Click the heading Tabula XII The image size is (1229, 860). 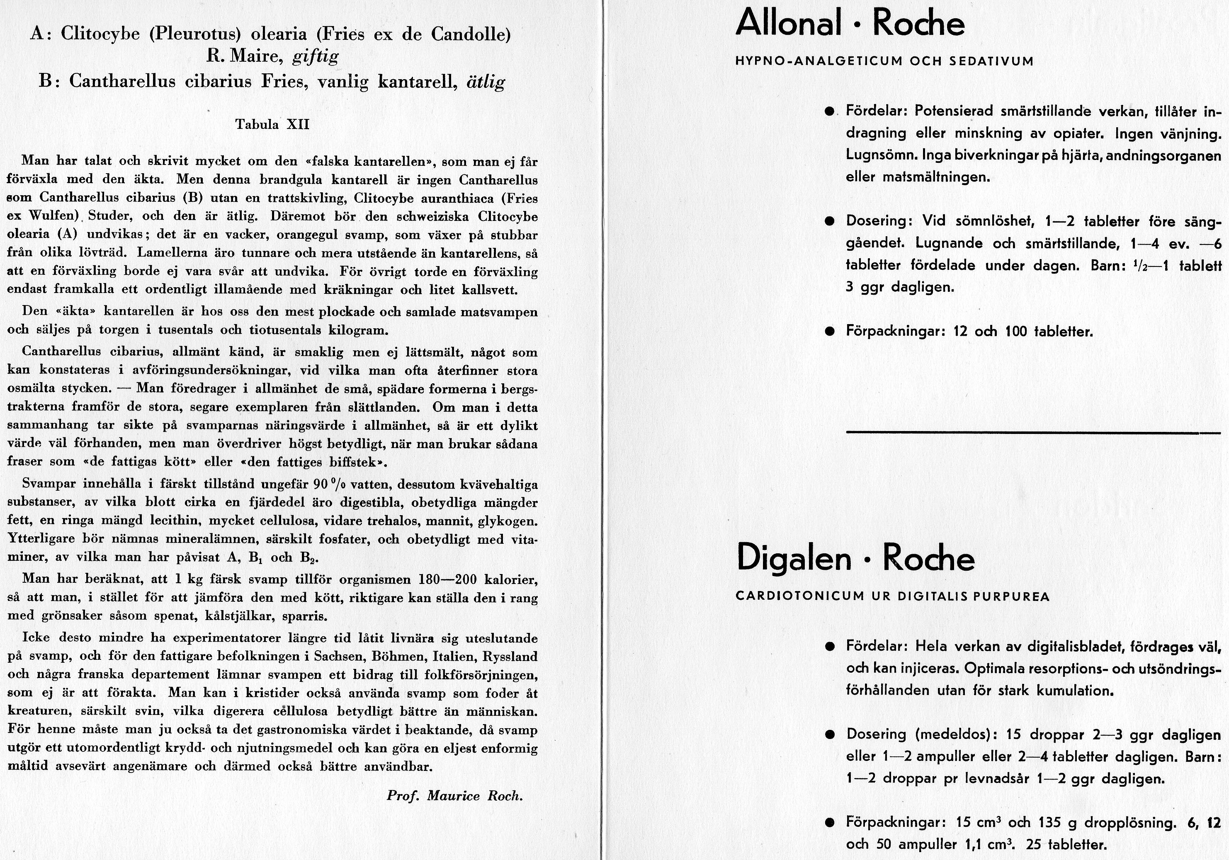click(x=272, y=124)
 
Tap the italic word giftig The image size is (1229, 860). click(x=316, y=57)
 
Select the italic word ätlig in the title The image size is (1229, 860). click(x=486, y=82)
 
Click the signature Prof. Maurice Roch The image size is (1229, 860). click(x=454, y=795)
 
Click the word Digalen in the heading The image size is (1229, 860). click(x=794, y=559)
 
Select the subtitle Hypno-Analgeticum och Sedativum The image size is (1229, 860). click(x=884, y=61)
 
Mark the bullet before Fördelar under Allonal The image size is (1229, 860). click(x=830, y=112)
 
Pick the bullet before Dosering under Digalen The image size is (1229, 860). click(x=830, y=735)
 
